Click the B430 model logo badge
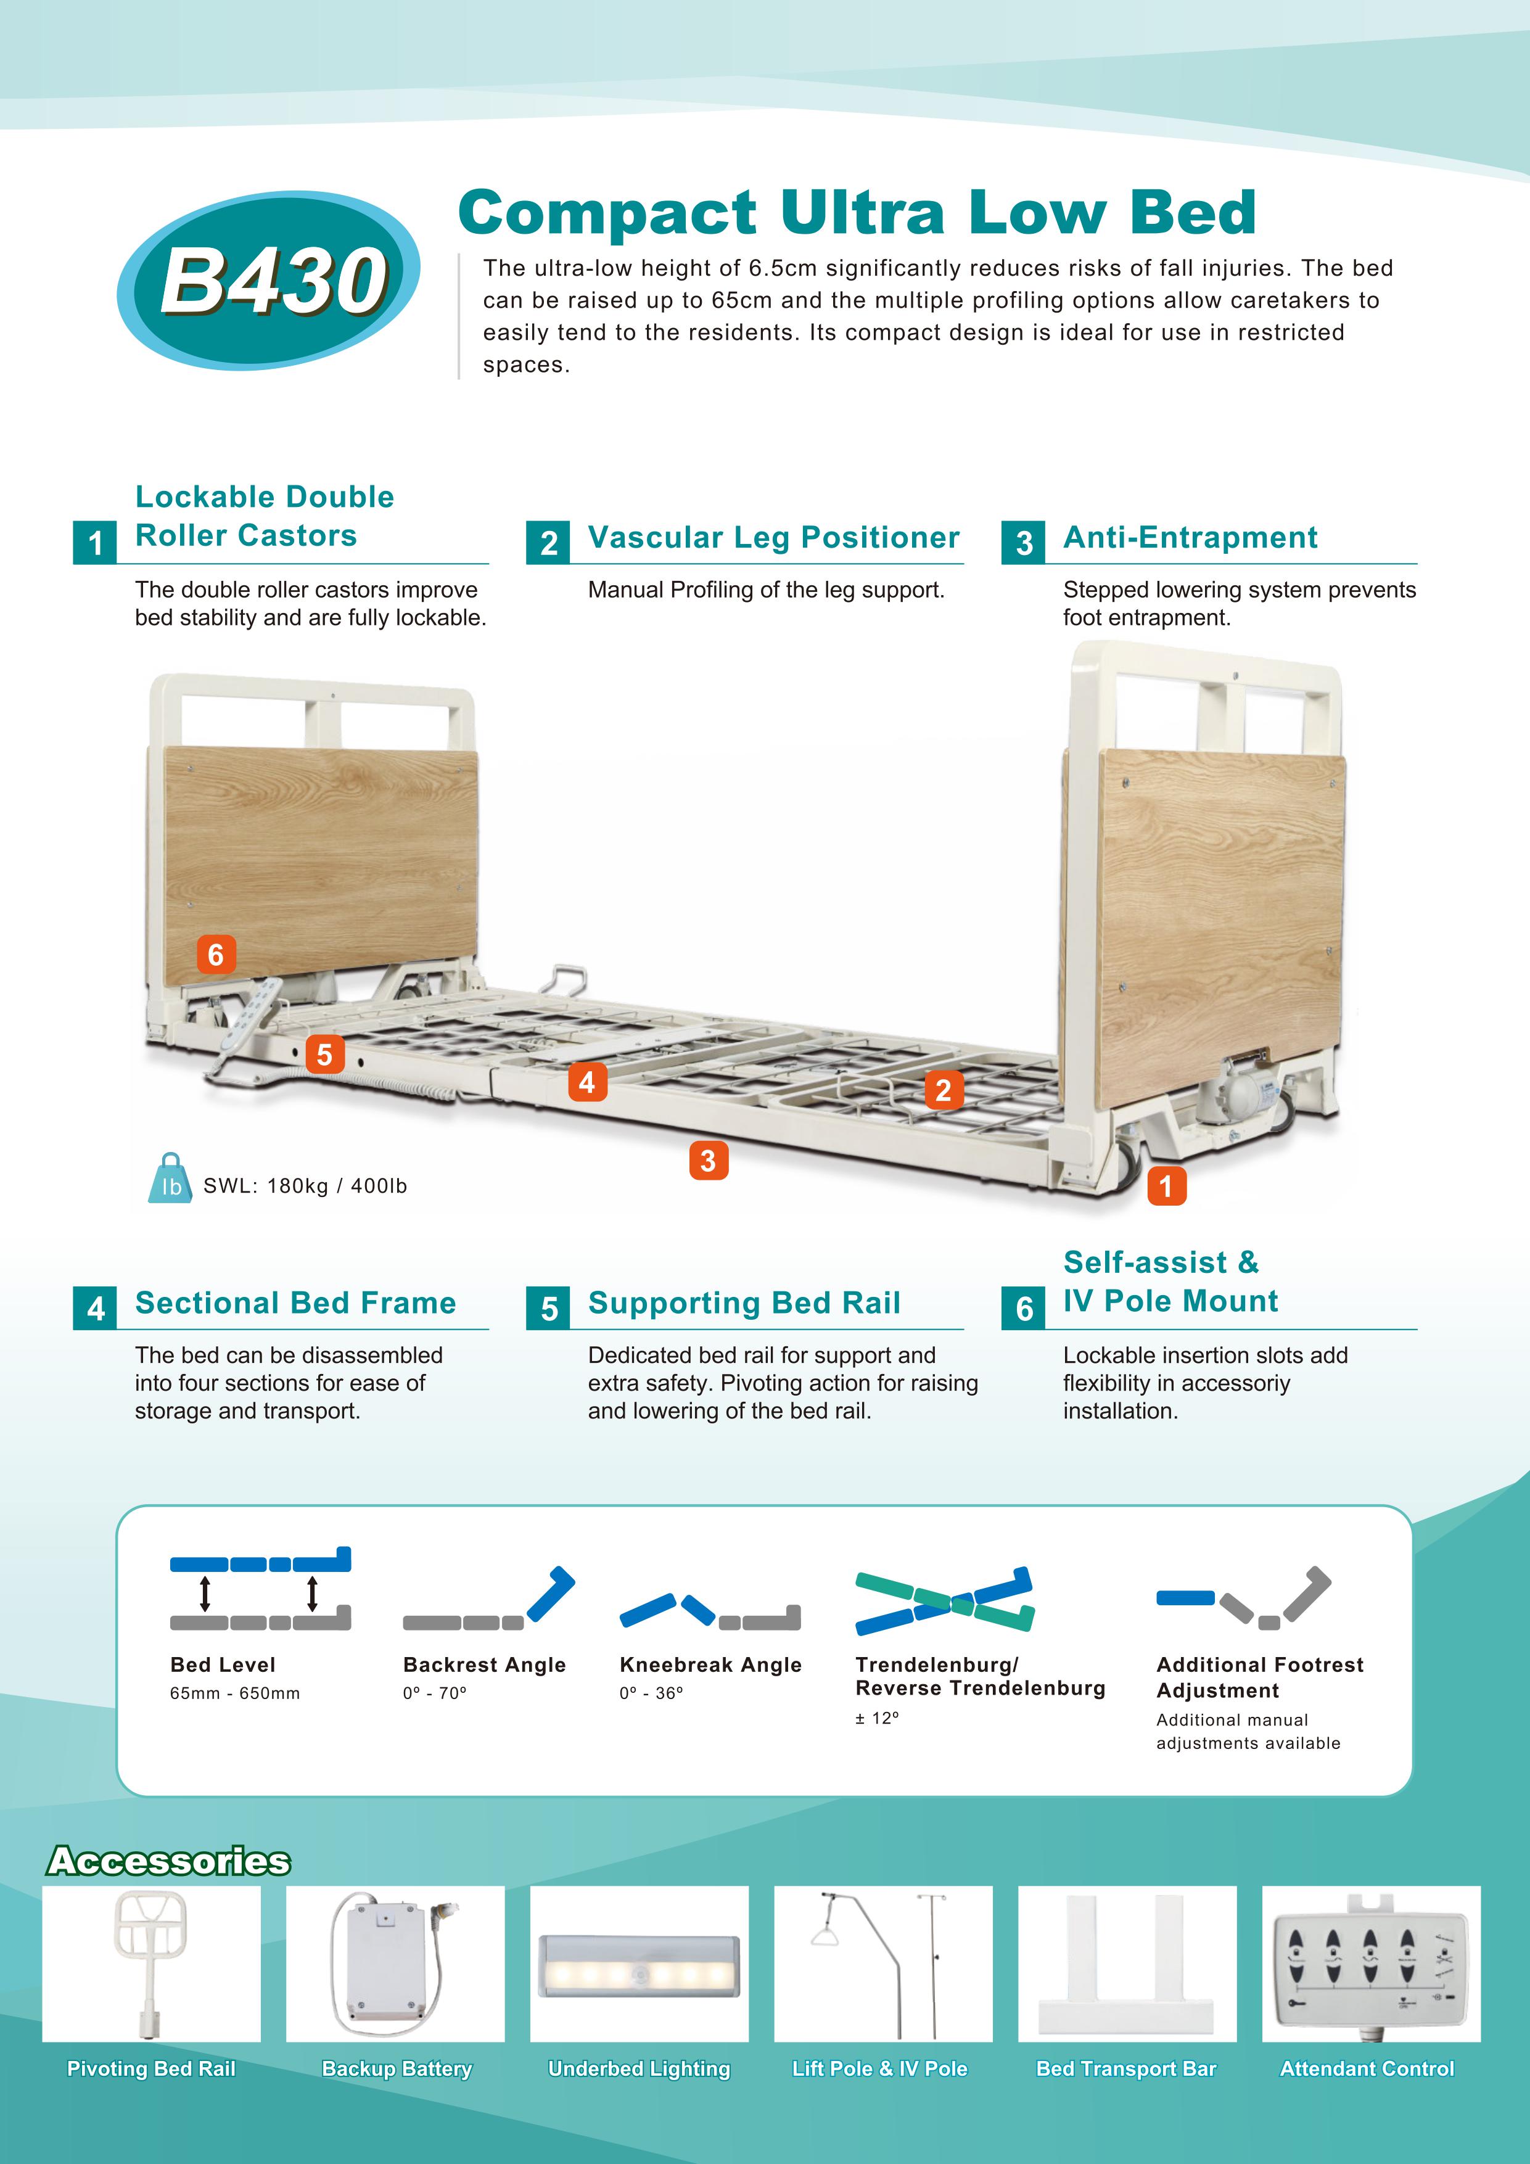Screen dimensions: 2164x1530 pyautogui.click(x=269, y=281)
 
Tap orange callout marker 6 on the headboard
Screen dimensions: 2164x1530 pyautogui.click(x=216, y=955)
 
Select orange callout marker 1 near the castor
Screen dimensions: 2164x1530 pyautogui.click(x=1166, y=1186)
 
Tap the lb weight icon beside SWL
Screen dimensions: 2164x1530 pyautogui.click(x=171, y=1179)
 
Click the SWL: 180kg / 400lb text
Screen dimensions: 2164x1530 pyautogui.click(x=305, y=1186)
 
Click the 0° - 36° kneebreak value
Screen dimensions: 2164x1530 pyautogui.click(x=651, y=1693)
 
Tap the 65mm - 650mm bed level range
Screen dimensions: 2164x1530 pyautogui.click(x=235, y=1693)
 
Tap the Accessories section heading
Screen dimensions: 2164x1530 pyautogui.click(x=169, y=1861)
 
